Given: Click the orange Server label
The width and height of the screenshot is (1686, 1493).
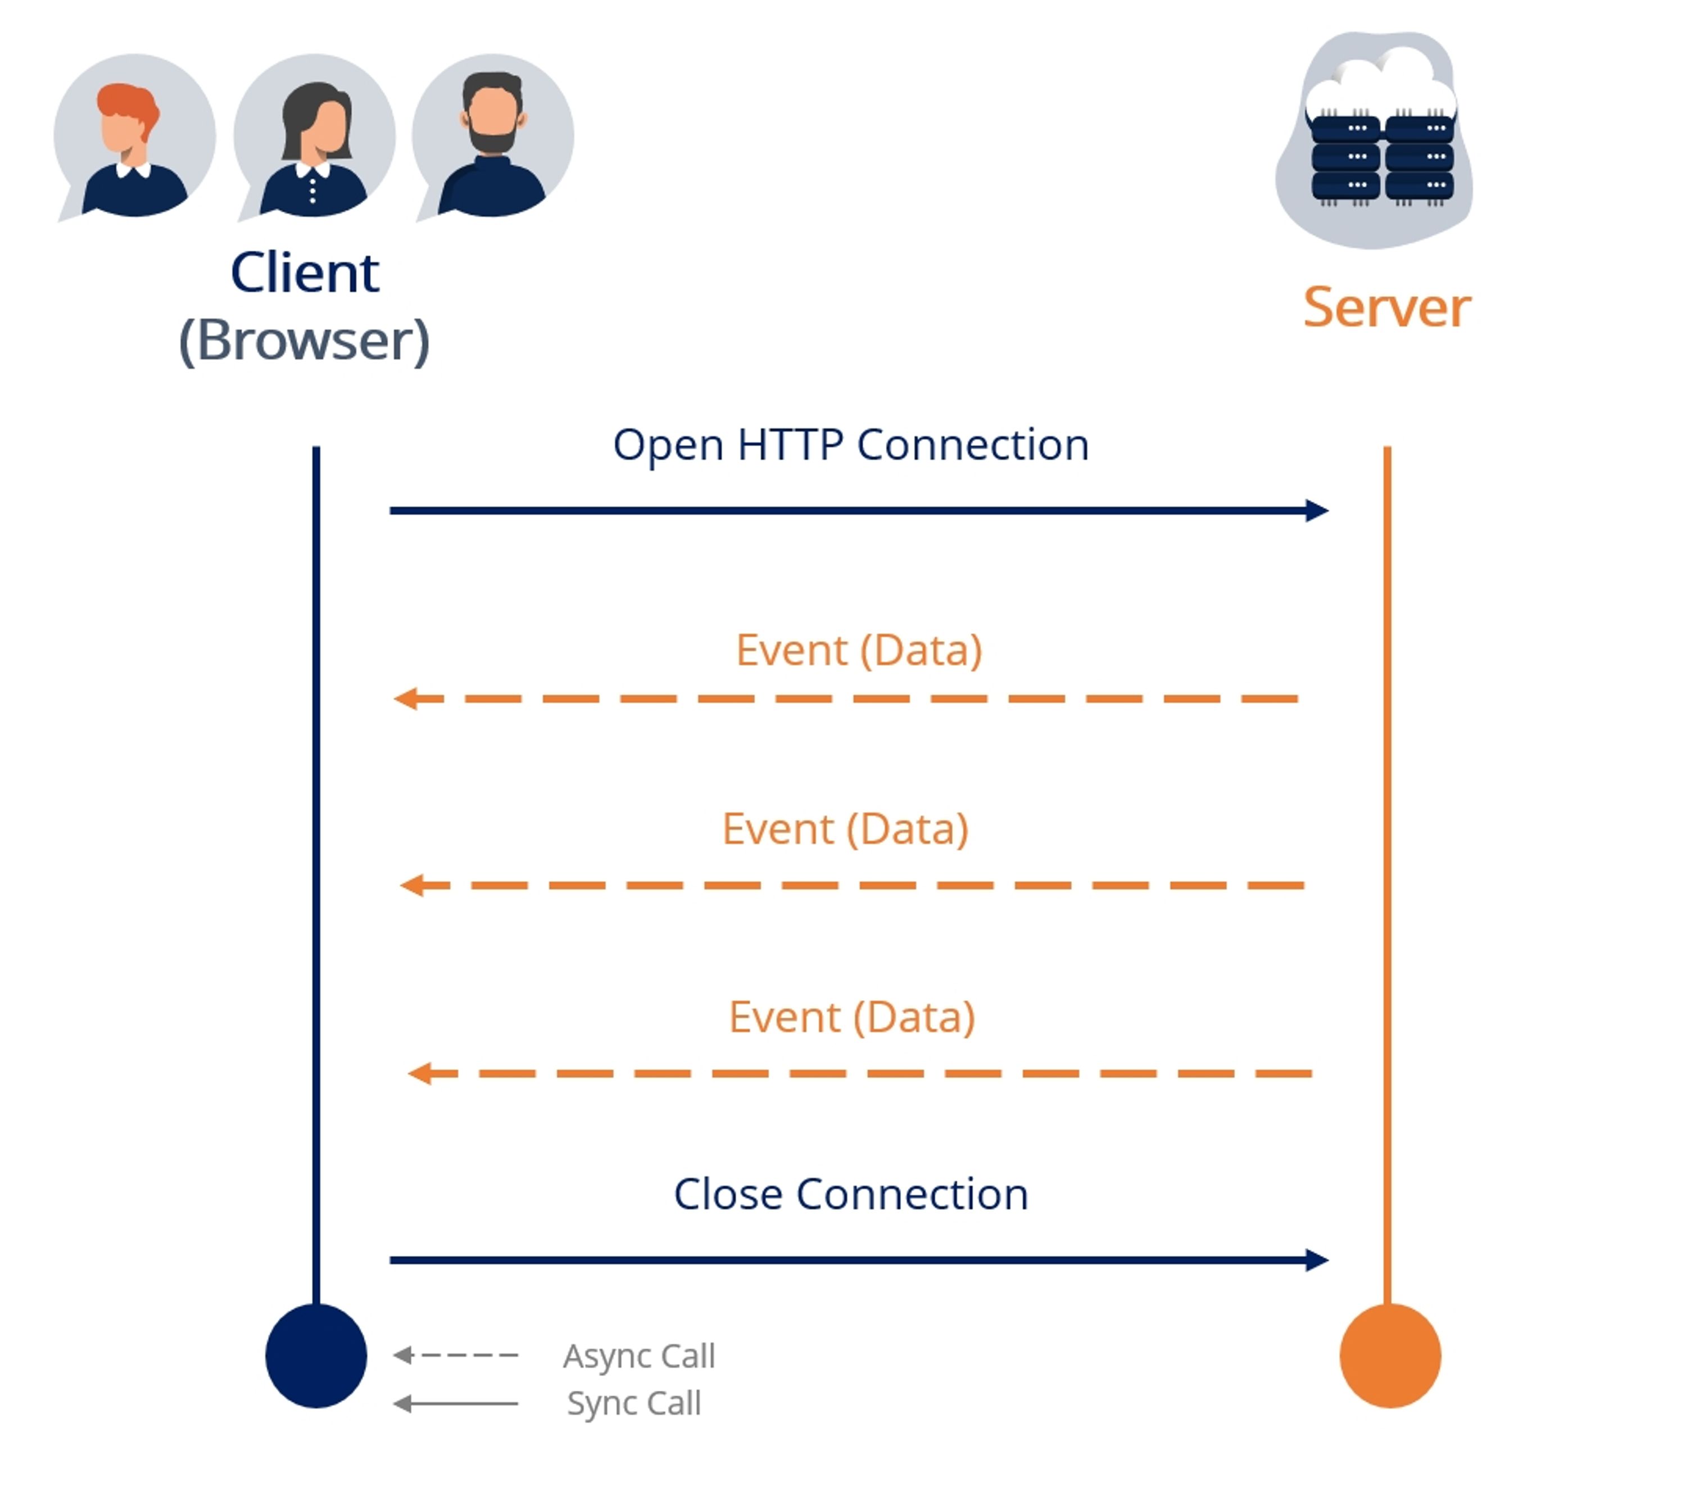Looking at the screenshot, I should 1386,308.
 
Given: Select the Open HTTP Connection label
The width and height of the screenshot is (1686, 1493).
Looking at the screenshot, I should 850,446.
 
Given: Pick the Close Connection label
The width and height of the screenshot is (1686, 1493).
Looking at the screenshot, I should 850,1195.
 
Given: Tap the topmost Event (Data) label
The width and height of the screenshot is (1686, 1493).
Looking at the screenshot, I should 859,650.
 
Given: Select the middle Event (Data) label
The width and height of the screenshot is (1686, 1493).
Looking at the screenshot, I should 845,829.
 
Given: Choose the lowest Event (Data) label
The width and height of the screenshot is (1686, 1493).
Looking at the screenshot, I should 852,1017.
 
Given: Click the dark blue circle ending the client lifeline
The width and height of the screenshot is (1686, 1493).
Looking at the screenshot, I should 316,1355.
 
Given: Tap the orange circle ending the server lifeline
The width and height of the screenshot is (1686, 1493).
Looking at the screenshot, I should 1390,1355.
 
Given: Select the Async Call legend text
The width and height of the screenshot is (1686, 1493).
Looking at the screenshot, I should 638,1356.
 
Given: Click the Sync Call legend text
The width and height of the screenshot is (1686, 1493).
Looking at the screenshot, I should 633,1403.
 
